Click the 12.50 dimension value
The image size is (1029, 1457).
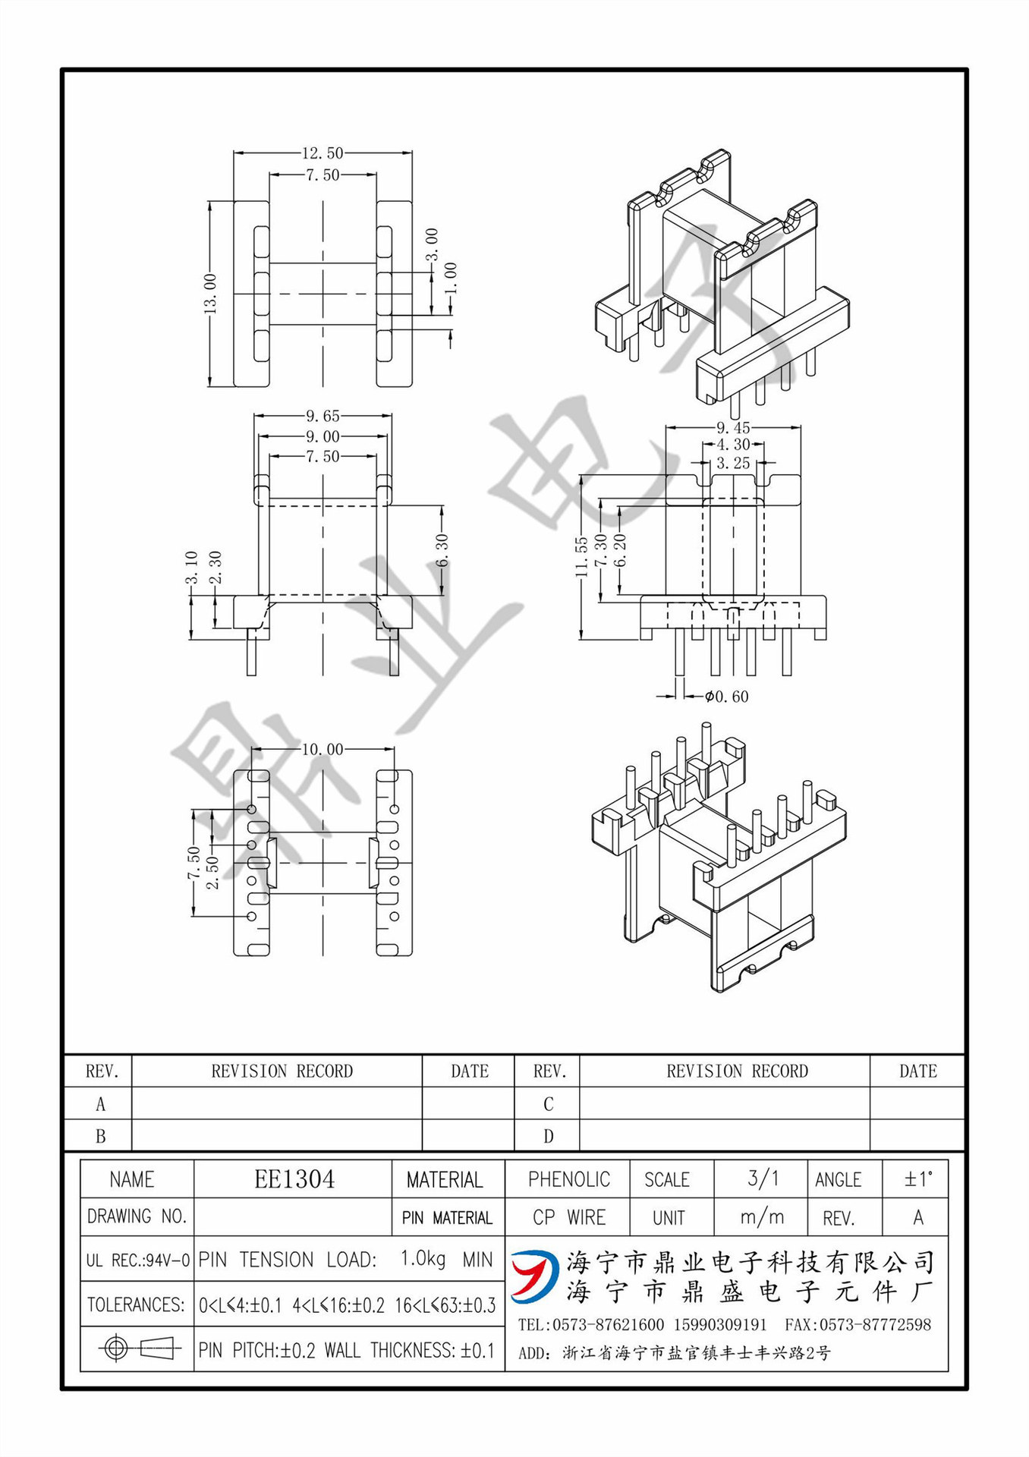(x=323, y=153)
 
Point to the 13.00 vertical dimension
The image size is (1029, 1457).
(x=210, y=294)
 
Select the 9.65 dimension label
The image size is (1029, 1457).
(x=323, y=416)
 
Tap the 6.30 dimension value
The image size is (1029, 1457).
(x=442, y=549)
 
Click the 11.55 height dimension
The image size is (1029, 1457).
(x=581, y=557)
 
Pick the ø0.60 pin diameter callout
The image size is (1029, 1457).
(x=726, y=696)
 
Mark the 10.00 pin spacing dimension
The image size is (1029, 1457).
(x=323, y=750)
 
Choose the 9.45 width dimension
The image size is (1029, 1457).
(x=733, y=428)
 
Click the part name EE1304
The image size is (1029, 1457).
(x=294, y=1179)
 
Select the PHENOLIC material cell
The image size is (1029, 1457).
(x=568, y=1179)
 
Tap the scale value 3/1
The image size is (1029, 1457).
(x=762, y=1178)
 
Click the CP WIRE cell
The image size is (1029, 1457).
(x=568, y=1217)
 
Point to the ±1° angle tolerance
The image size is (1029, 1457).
(x=917, y=1179)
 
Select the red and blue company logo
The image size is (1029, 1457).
(x=533, y=1276)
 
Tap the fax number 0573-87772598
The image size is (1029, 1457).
(x=875, y=1325)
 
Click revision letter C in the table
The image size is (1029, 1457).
(x=548, y=1104)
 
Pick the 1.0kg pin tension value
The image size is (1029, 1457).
(x=423, y=1258)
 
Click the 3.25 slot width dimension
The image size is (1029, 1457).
(x=733, y=463)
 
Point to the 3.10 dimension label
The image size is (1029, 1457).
(x=191, y=568)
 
